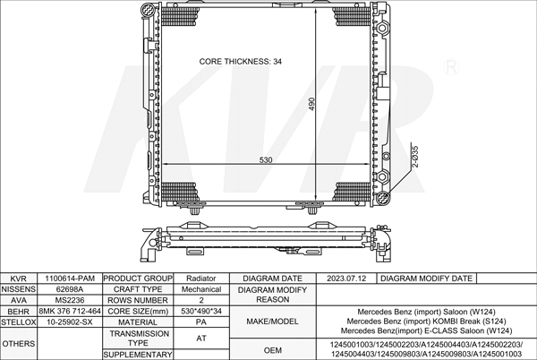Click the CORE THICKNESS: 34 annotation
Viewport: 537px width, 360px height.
(x=241, y=62)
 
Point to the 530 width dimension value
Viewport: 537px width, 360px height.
(x=266, y=160)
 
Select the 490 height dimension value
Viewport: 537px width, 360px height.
(x=311, y=104)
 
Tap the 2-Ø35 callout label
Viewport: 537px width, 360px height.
(x=415, y=157)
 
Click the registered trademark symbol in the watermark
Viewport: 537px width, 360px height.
(x=451, y=67)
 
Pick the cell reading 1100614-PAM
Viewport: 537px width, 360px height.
(x=70, y=279)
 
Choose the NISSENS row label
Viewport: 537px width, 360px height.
(x=18, y=289)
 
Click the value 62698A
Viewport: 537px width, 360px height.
(x=70, y=289)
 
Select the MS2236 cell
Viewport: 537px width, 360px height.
(x=70, y=300)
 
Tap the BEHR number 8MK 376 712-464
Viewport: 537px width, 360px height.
(x=70, y=311)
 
